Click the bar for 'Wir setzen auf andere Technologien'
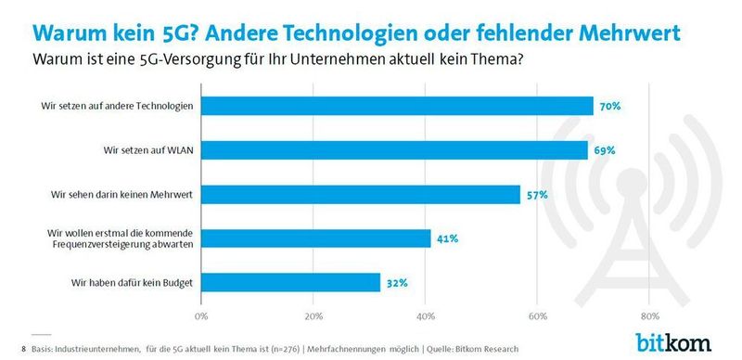click(x=397, y=106)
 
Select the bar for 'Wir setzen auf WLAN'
click(x=394, y=150)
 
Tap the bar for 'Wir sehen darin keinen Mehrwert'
click(x=361, y=195)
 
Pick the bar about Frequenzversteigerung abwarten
click(x=316, y=238)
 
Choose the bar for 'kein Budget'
click(x=290, y=282)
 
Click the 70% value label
click(x=609, y=107)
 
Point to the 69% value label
click(x=604, y=150)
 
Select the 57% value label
click(x=537, y=195)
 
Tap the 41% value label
click(x=447, y=238)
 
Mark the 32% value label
click(x=397, y=282)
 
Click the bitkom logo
click(x=672, y=341)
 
